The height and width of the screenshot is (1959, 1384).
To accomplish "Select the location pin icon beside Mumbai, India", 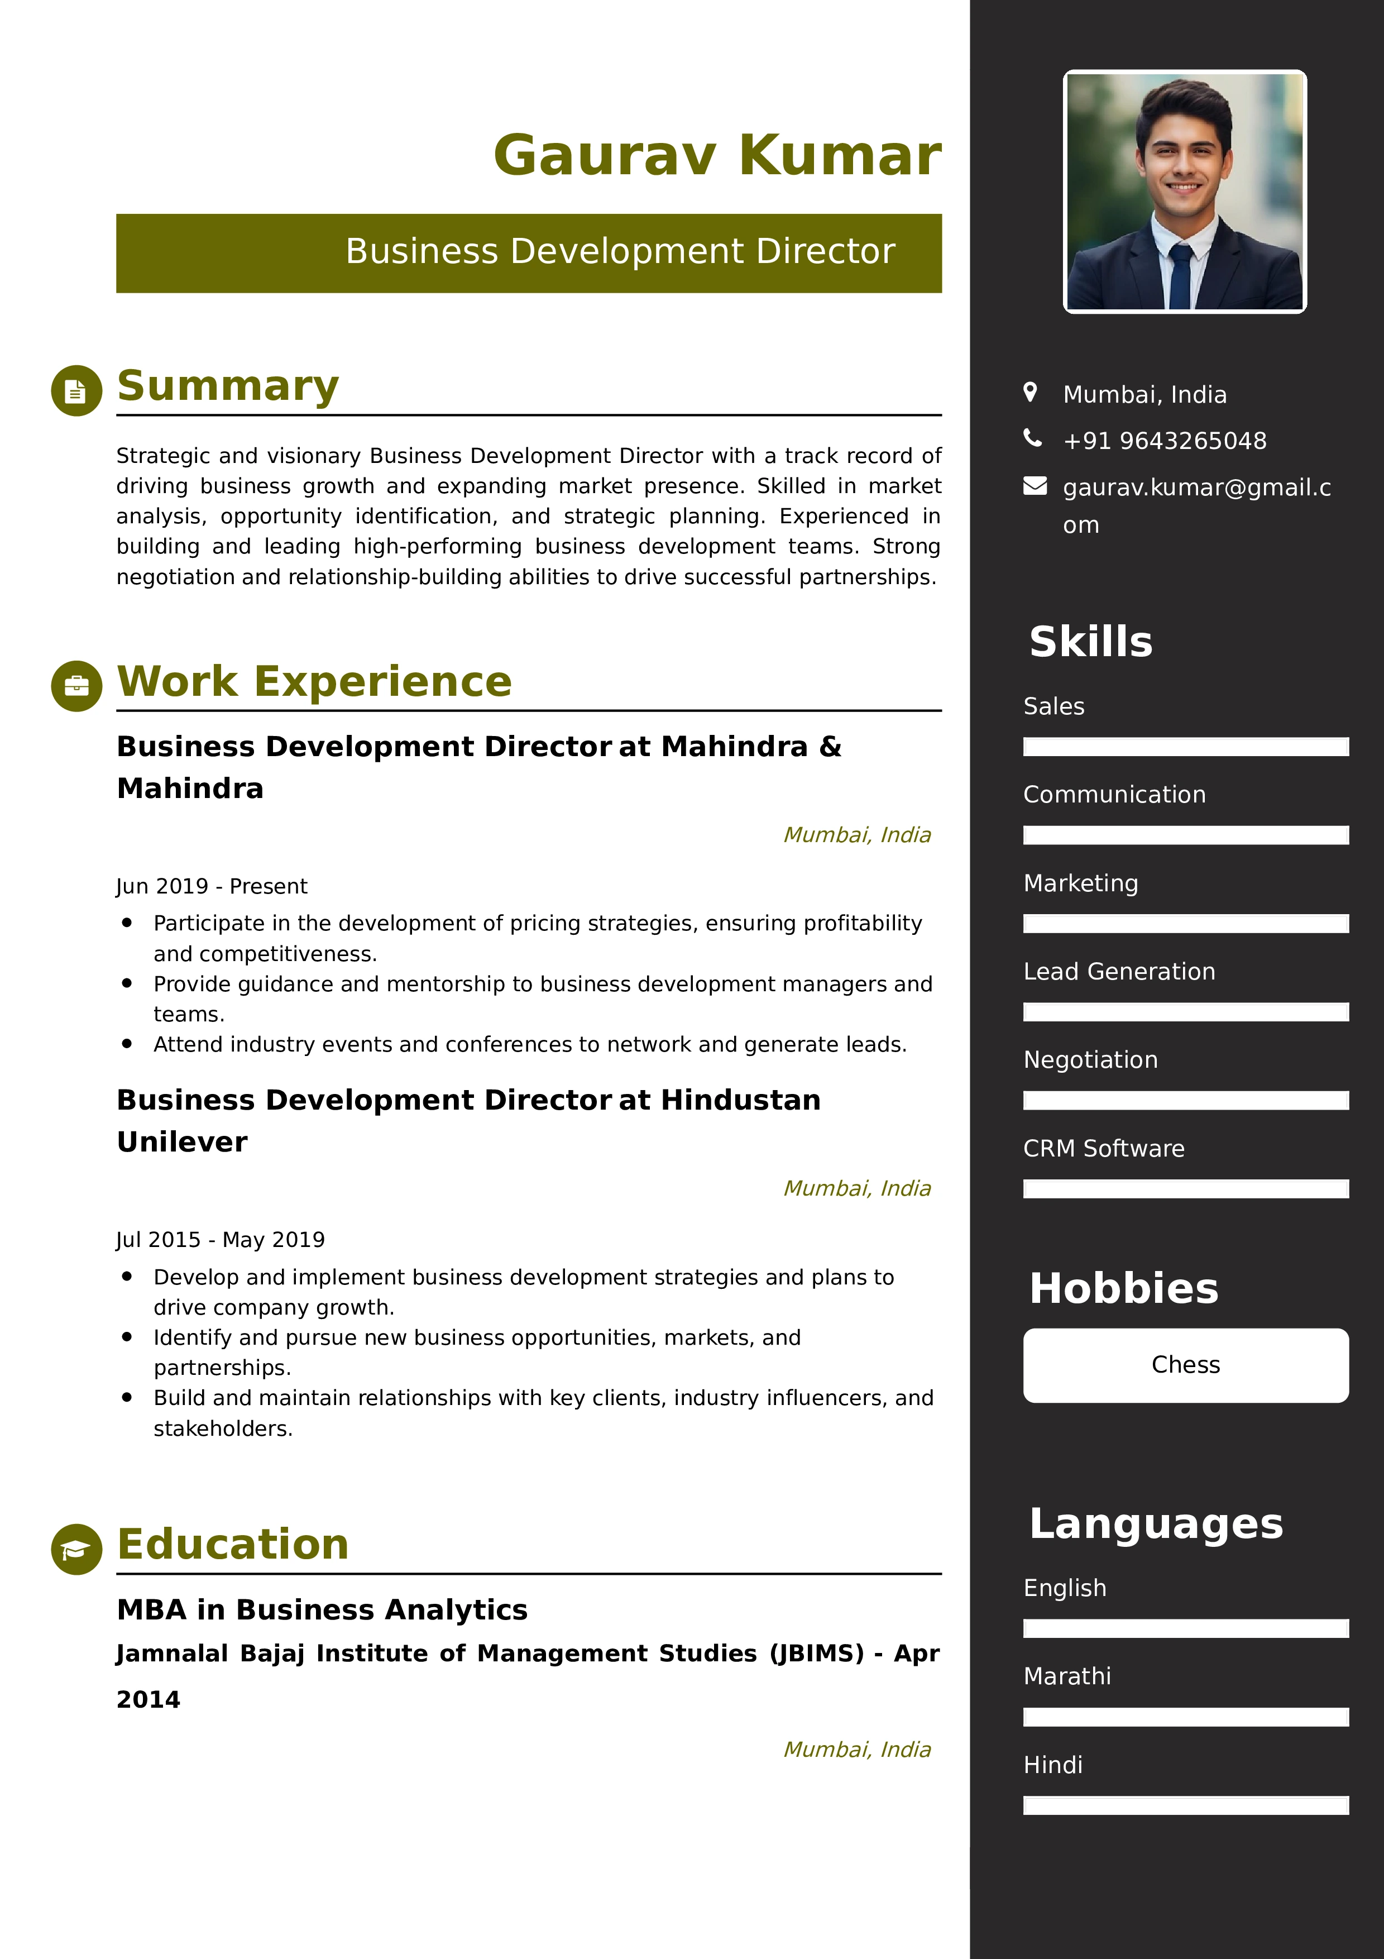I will [1030, 393].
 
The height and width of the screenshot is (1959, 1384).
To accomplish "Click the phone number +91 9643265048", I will [1164, 441].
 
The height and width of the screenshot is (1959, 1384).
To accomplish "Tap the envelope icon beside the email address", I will [1035, 486].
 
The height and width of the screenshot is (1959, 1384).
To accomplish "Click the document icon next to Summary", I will [76, 391].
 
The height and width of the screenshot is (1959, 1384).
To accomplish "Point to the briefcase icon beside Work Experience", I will [76, 686].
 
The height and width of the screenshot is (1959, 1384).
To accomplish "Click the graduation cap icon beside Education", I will [76, 1549].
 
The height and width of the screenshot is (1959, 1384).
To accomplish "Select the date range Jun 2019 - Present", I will [212, 886].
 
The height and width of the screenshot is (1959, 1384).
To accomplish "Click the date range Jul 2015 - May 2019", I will [220, 1240].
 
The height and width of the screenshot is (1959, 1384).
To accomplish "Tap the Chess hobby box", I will [1185, 1365].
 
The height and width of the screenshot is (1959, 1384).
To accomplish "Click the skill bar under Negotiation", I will [1185, 1101].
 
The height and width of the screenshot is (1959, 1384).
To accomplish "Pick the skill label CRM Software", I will [1103, 1149].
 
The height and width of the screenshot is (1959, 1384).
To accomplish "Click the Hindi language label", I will [1052, 1765].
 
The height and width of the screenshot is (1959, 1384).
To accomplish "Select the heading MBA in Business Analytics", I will [322, 1609].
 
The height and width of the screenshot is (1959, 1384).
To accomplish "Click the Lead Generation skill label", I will [1119, 972].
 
